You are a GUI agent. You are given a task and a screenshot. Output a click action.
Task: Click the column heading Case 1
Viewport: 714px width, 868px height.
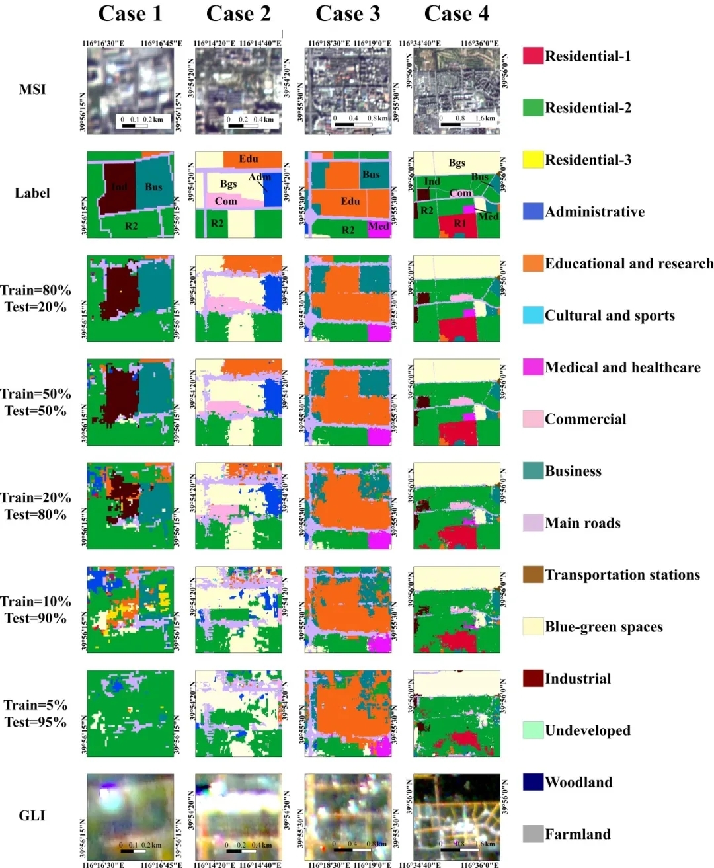(130, 14)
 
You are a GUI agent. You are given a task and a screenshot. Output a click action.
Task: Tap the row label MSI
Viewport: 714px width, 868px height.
(32, 89)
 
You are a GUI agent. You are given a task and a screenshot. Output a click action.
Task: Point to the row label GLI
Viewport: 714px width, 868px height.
(32, 816)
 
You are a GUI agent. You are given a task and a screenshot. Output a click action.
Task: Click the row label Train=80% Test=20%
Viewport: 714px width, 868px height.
(36, 298)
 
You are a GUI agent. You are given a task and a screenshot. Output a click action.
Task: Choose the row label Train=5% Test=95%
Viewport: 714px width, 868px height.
(36, 713)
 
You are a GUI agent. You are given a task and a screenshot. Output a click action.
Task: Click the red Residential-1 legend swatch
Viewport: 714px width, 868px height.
(533, 56)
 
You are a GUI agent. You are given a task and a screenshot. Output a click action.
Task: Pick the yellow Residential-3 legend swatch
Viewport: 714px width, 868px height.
(533, 159)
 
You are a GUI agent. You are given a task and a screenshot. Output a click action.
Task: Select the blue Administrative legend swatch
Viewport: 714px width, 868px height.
(533, 212)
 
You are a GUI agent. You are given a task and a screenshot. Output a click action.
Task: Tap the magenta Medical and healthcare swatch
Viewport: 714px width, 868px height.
(533, 367)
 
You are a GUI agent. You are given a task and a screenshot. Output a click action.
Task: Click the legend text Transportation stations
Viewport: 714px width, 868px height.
(622, 575)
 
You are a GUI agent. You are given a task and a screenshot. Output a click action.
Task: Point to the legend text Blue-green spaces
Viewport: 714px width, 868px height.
(604, 627)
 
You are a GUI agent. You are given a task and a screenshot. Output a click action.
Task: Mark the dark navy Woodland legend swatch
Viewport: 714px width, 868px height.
(533, 782)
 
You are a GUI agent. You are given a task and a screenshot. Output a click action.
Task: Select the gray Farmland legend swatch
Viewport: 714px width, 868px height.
(533, 834)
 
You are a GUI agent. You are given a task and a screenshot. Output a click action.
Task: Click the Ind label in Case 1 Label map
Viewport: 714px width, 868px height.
(119, 187)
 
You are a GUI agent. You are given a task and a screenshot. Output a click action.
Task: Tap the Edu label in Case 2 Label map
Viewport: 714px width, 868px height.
(249, 159)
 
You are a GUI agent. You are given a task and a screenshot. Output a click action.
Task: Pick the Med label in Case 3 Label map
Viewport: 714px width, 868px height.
(378, 226)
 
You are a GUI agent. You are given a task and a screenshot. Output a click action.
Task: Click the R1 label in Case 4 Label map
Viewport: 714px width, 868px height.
(459, 223)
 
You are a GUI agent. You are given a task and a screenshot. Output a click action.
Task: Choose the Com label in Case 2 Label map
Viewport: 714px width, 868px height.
(225, 201)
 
